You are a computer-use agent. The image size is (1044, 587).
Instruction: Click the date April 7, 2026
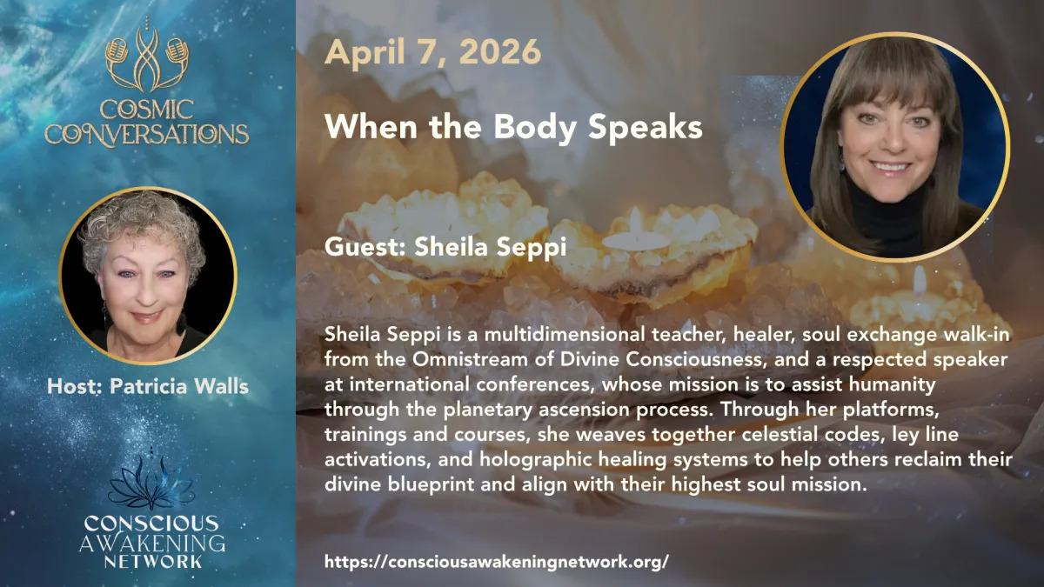[x=432, y=52]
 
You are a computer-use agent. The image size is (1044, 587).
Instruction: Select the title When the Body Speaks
[x=513, y=127]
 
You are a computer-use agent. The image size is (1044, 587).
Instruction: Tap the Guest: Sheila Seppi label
[x=445, y=246]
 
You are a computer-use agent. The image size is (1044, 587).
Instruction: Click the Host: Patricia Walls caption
[x=148, y=386]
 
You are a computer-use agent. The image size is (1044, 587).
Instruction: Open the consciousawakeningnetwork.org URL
[x=497, y=562]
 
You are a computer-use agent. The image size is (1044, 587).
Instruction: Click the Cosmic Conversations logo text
[x=147, y=123]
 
